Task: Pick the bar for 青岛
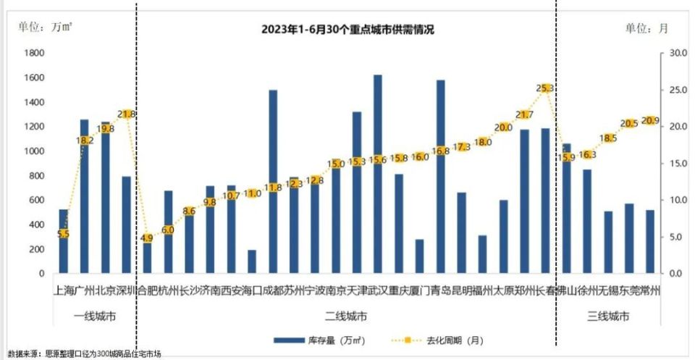440,177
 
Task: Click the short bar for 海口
252,262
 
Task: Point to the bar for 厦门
419,256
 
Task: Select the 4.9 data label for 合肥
147,238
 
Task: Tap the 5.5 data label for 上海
63,233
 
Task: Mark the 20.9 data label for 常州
650,120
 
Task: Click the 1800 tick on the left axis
35,53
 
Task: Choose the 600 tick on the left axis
37,200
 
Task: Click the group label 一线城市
95,317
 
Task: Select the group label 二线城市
345,317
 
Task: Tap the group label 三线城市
608,317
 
